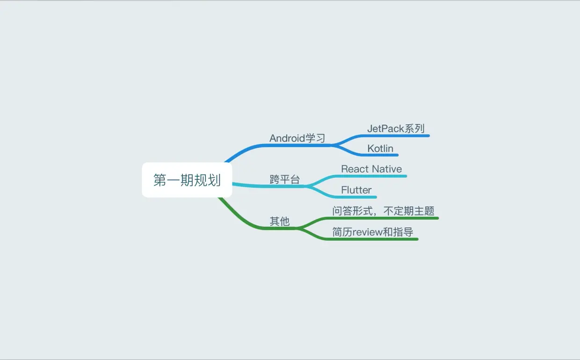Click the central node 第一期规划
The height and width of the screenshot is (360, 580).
point(187,180)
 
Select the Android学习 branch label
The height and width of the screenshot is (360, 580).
point(297,138)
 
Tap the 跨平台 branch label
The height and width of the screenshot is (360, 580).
point(284,179)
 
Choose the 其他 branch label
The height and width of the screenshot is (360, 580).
point(280,221)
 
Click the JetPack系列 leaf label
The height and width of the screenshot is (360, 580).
point(396,128)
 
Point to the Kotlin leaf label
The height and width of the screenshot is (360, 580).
point(380,148)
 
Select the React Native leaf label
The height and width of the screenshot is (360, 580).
point(371,169)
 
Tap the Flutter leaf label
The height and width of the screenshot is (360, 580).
point(356,190)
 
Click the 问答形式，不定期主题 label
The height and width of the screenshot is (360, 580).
point(384,211)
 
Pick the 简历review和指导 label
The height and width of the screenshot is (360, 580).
point(373,232)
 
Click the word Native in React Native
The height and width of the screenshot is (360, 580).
point(387,169)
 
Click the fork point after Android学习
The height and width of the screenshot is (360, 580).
point(333,145)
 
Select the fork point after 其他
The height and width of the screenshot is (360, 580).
point(299,229)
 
